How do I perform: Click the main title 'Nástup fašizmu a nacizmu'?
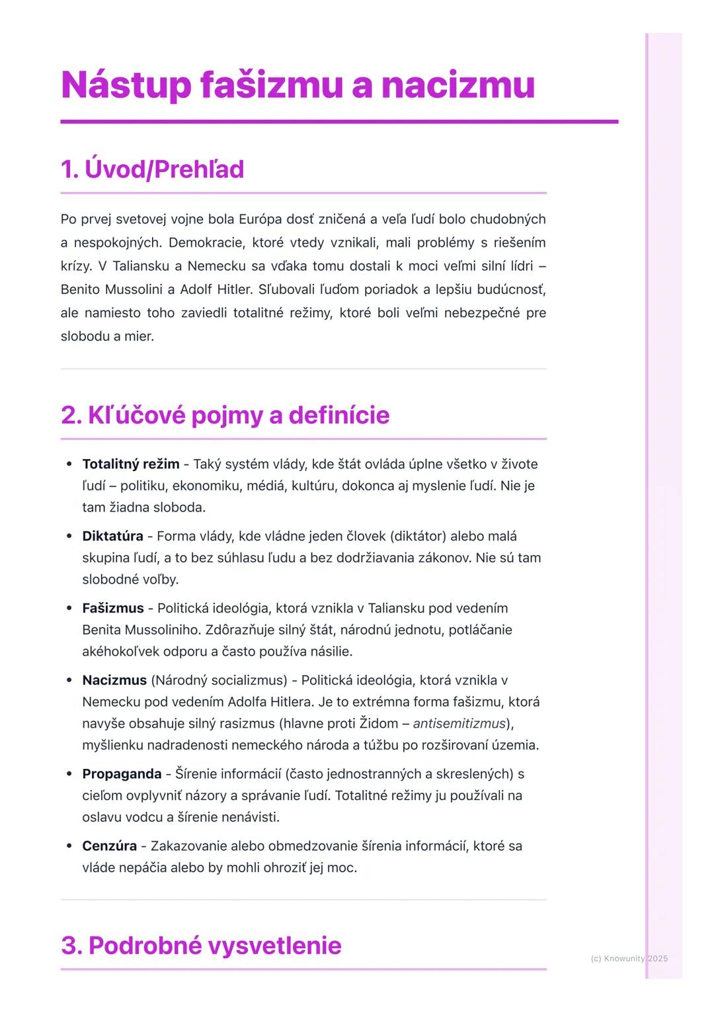pyautogui.click(x=297, y=85)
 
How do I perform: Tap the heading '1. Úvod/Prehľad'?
pyautogui.click(x=152, y=169)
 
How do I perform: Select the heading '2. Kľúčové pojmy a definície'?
pyautogui.click(x=225, y=416)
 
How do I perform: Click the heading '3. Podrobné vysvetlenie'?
pyautogui.click(x=201, y=945)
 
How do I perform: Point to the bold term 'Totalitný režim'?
pyautogui.click(x=130, y=464)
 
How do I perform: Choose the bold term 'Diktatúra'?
pyautogui.click(x=112, y=536)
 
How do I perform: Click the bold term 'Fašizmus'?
pyautogui.click(x=113, y=608)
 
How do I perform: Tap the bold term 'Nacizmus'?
pyautogui.click(x=114, y=680)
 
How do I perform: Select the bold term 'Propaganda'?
pyautogui.click(x=122, y=773)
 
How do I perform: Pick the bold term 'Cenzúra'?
pyautogui.click(x=109, y=846)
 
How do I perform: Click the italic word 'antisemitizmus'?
pyautogui.click(x=459, y=723)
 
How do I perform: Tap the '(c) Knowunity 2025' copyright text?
pyautogui.click(x=629, y=958)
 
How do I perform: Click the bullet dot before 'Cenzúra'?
pyautogui.click(x=69, y=846)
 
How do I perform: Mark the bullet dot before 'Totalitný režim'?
pyautogui.click(x=69, y=464)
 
